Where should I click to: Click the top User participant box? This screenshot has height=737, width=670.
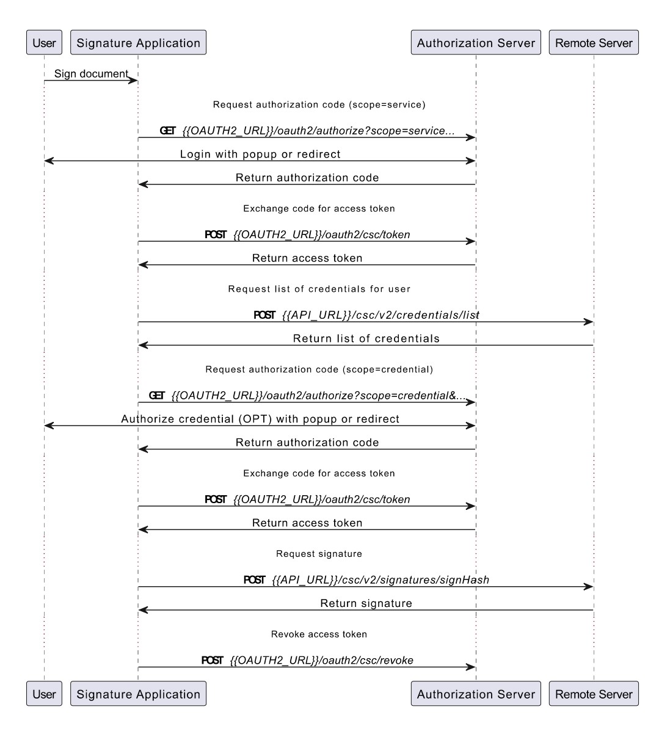tap(44, 42)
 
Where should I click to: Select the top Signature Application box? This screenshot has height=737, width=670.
tap(138, 42)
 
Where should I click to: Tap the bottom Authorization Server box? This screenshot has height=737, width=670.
tap(476, 693)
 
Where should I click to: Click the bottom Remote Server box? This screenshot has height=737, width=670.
tap(594, 693)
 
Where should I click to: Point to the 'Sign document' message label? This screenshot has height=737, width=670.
tap(91, 73)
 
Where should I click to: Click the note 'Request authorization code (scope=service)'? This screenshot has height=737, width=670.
tap(319, 104)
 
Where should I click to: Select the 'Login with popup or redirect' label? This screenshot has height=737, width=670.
tap(260, 154)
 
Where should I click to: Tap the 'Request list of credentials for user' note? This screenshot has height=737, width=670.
tap(319, 289)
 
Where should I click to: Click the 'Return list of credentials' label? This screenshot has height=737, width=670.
tap(366, 338)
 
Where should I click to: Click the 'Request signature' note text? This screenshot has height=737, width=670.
tap(319, 554)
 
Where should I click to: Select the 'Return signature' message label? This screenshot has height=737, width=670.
tap(366, 603)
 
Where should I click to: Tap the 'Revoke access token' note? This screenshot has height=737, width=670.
tap(319, 634)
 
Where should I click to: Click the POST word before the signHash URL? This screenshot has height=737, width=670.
tap(254, 579)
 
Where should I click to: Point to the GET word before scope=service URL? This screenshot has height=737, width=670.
tap(167, 131)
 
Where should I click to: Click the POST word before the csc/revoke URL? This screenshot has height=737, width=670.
tap(212, 660)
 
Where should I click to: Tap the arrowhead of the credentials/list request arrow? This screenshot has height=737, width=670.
tap(589, 322)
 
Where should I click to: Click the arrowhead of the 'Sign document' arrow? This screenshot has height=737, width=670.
tap(133, 81)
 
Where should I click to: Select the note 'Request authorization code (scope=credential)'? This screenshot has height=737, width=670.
tap(319, 369)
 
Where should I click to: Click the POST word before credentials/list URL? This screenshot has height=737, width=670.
tap(264, 315)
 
